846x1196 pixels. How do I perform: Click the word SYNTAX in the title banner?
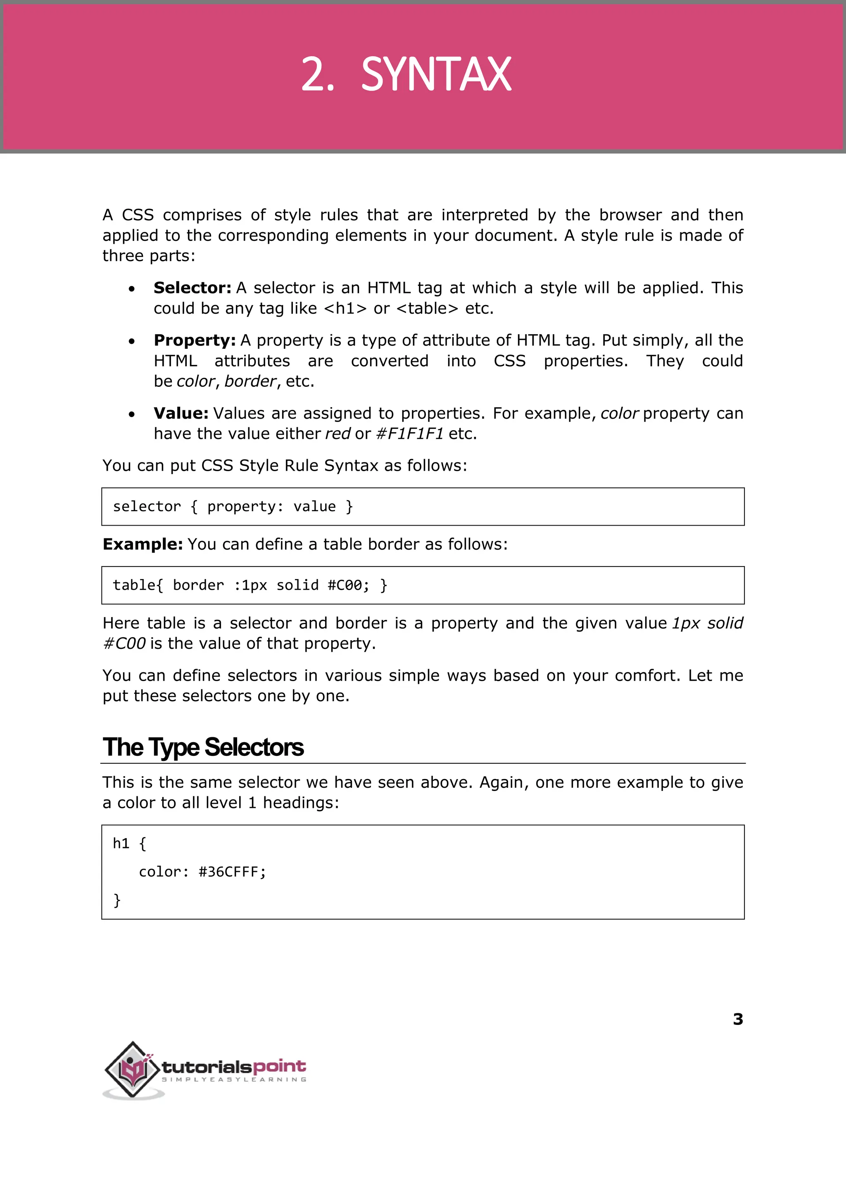(436, 75)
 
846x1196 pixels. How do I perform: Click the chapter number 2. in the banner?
(317, 75)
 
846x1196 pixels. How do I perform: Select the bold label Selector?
(192, 288)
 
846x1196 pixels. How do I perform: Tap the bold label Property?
(194, 340)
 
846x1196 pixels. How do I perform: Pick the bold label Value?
(181, 413)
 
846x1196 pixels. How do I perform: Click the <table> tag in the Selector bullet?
(427, 309)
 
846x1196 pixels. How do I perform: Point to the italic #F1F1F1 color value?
(409, 434)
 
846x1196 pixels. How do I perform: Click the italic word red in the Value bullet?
(337, 434)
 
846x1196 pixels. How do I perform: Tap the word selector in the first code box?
(146, 507)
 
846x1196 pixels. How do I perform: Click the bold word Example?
(142, 544)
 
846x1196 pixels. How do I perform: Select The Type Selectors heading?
(203, 747)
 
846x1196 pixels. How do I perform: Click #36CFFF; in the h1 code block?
(232, 872)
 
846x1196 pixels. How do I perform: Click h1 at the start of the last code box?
(121, 843)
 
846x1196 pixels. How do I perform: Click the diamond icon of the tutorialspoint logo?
(133, 1069)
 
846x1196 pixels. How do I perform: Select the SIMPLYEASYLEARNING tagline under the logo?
(234, 1079)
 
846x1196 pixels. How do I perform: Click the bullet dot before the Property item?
(132, 341)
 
